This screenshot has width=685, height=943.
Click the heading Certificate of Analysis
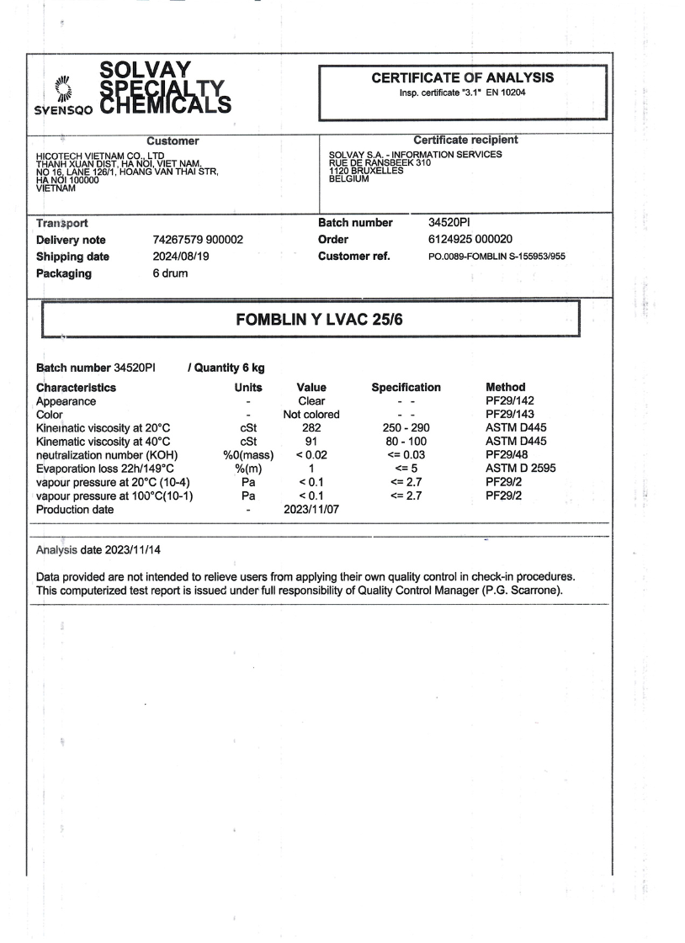[463, 77]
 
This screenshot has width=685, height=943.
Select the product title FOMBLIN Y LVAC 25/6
[312, 320]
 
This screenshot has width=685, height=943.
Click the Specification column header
[406, 388]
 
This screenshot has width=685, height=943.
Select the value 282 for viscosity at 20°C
[311, 428]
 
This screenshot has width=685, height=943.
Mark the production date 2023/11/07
[311, 509]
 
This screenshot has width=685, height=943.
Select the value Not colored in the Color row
[311, 415]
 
